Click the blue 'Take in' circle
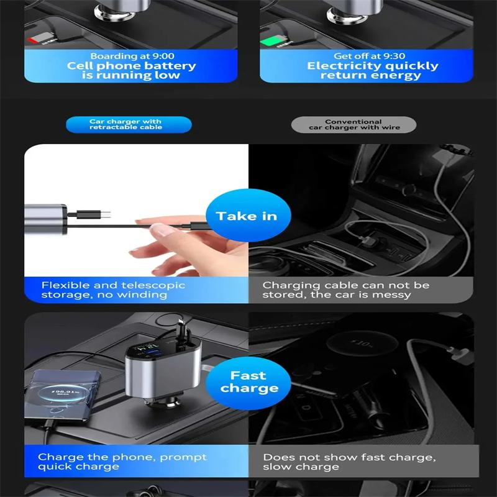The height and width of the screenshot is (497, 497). pos(246,216)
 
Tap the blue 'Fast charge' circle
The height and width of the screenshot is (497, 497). pos(248,381)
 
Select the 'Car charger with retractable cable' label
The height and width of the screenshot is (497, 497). pos(129,124)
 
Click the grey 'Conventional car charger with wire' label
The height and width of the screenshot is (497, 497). pos(353,124)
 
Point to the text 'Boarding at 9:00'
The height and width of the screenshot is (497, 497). pos(132,56)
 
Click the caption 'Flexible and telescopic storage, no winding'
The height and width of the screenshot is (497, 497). pos(113,290)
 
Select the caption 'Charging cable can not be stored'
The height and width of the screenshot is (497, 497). pos(346,290)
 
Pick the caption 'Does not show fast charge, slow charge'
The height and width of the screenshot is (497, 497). pos(349,461)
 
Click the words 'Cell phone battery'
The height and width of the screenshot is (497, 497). pos(132,66)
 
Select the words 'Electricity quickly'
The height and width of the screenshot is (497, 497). pos(373,66)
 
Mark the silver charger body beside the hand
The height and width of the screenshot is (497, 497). pos(45,219)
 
